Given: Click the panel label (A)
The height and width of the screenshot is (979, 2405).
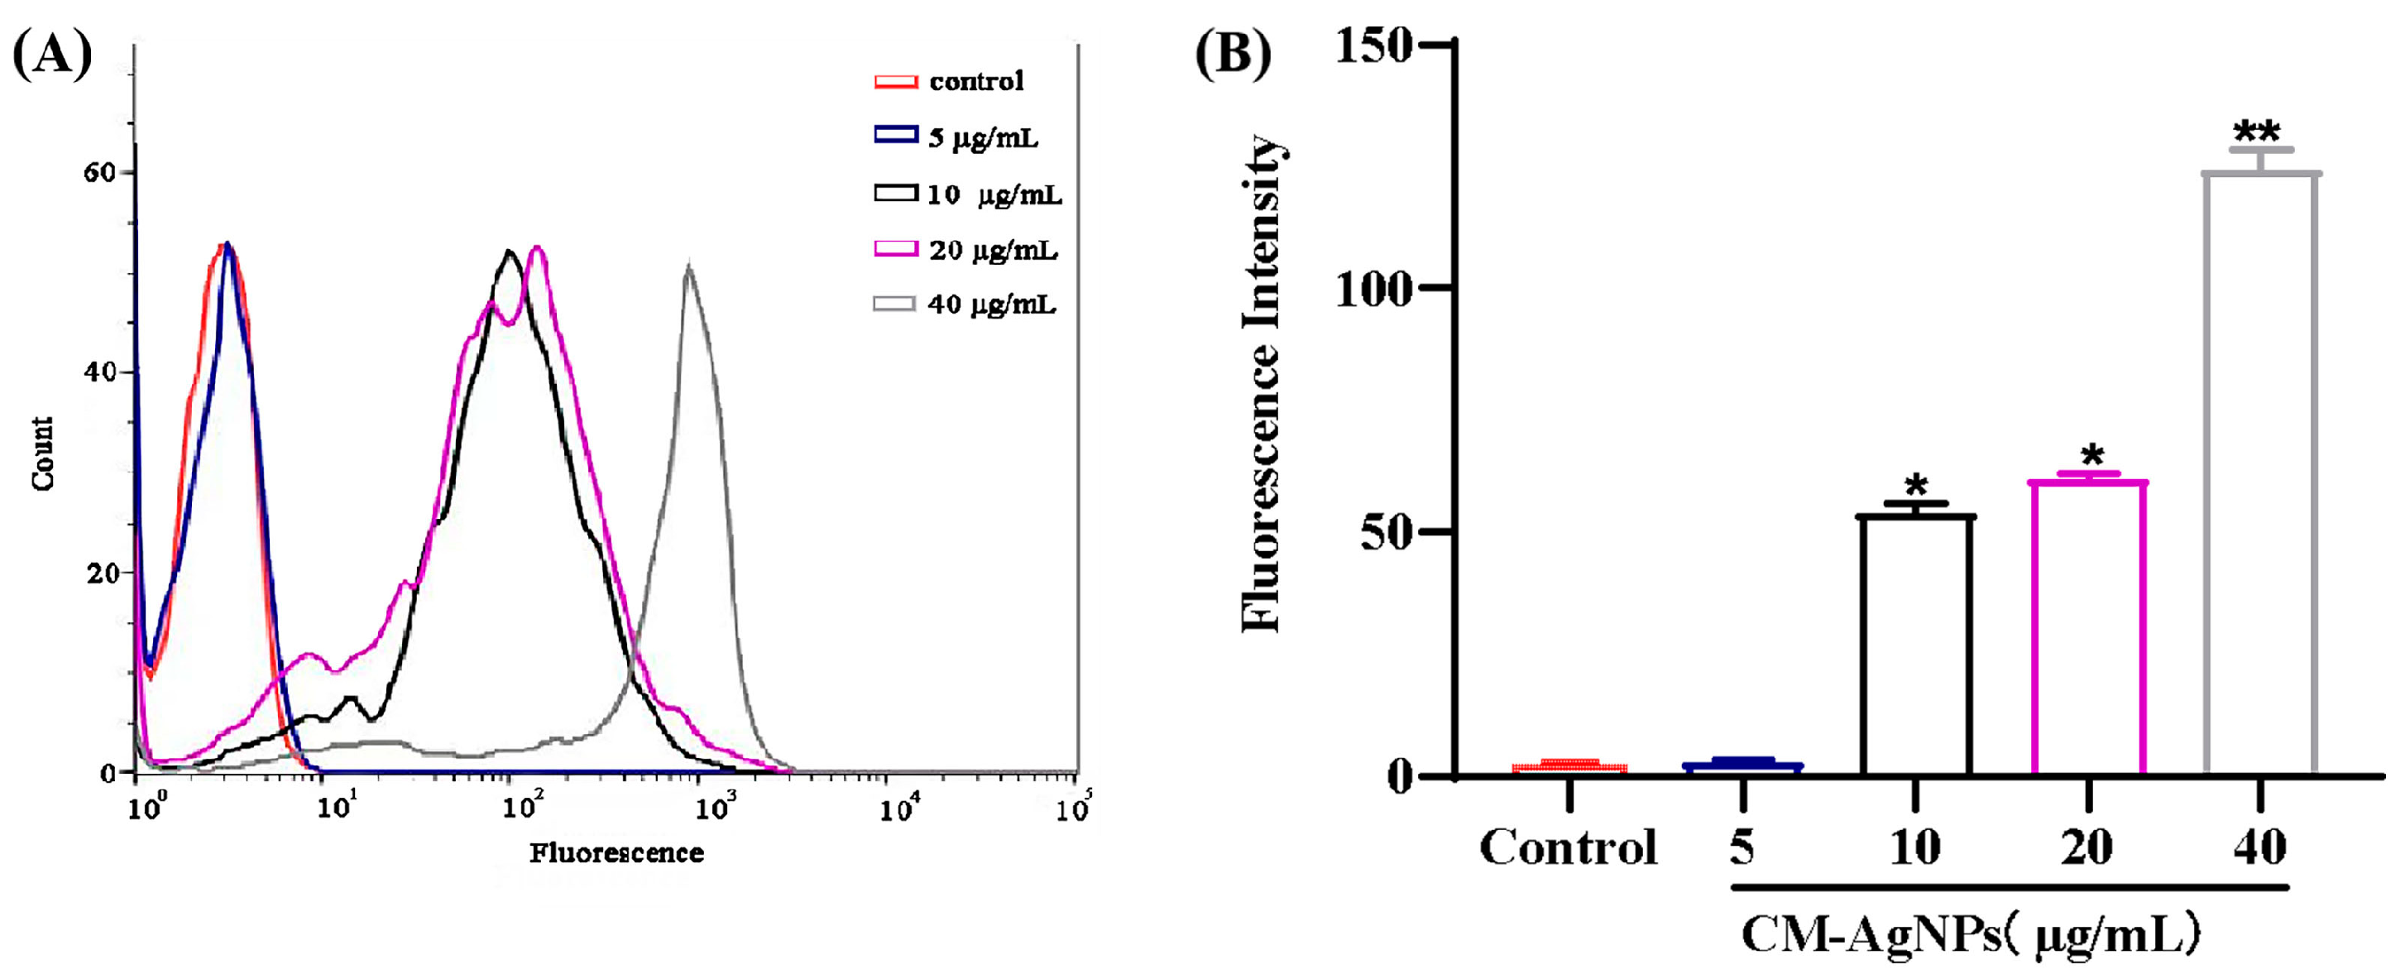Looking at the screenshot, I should [x=52, y=54].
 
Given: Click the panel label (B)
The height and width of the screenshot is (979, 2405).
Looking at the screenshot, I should [x=1234, y=54].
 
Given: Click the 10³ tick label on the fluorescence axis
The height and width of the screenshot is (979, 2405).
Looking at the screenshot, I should [x=714, y=808].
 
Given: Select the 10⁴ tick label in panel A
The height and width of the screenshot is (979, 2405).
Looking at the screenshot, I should [x=899, y=808].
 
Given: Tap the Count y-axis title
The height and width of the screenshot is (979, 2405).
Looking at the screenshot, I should [x=43, y=454].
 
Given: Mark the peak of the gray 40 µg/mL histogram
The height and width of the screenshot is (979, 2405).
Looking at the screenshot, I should [x=689, y=269].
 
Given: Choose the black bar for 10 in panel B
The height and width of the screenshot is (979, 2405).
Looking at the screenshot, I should [x=1916, y=645].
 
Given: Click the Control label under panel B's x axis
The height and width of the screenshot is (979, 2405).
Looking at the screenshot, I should [x=1569, y=848].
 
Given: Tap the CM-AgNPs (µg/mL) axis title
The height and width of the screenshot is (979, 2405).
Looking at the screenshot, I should [x=1970, y=934].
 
